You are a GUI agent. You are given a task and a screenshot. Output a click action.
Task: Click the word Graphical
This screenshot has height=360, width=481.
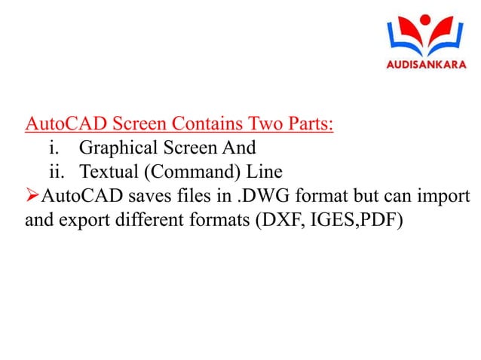click(x=118, y=146)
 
